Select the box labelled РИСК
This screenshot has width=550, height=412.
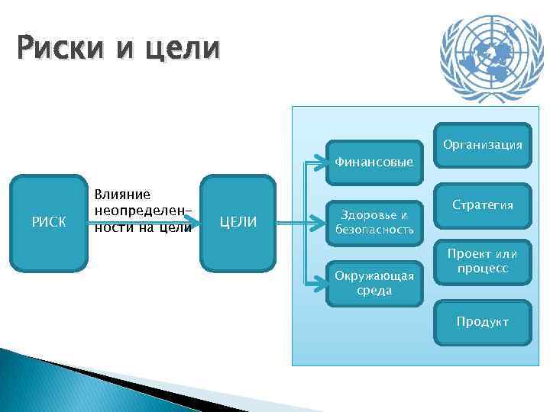(x=48, y=223)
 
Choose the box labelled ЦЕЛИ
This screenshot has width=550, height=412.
(x=238, y=223)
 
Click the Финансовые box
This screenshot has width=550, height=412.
(x=374, y=162)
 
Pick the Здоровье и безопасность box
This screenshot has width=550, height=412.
(x=374, y=221)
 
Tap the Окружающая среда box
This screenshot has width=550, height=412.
(x=374, y=283)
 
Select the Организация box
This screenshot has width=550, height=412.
(x=483, y=144)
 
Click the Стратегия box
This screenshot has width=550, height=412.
(x=483, y=205)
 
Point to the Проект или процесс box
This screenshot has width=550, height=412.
(x=483, y=262)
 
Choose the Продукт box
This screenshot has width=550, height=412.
(x=483, y=322)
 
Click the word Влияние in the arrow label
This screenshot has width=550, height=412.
(x=121, y=195)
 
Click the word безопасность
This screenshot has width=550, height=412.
(x=374, y=229)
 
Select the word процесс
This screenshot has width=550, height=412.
(x=483, y=270)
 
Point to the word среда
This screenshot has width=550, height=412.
(x=374, y=291)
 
